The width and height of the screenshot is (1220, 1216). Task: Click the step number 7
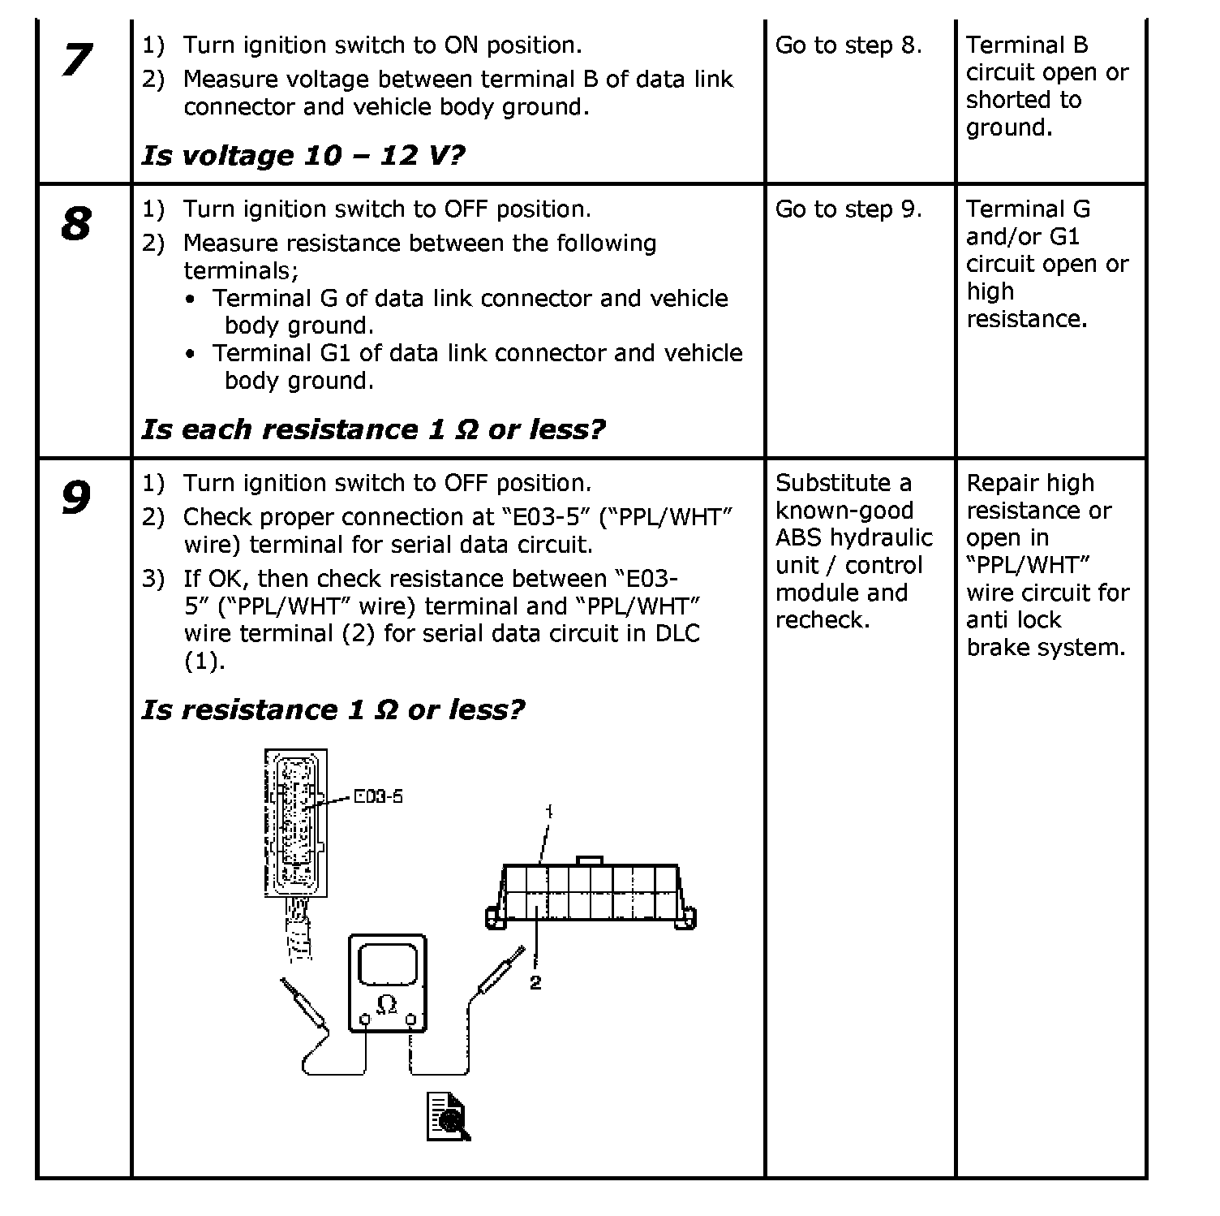click(77, 60)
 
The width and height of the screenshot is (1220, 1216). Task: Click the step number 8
click(76, 224)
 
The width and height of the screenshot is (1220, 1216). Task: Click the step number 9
click(76, 498)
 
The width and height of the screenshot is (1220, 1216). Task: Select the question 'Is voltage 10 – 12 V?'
click(303, 155)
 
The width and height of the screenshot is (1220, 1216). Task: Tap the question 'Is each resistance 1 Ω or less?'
click(373, 429)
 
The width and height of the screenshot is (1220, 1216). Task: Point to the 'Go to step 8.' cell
click(848, 45)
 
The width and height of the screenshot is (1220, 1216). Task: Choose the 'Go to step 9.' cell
click(848, 209)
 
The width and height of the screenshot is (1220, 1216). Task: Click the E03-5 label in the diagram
click(378, 796)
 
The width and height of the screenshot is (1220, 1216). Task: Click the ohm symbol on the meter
click(388, 1004)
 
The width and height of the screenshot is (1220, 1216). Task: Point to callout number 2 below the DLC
click(535, 983)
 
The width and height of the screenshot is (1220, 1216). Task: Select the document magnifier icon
click(449, 1117)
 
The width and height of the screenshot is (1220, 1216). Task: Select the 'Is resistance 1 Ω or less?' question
click(333, 710)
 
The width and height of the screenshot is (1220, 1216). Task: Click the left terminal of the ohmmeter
click(365, 1020)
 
